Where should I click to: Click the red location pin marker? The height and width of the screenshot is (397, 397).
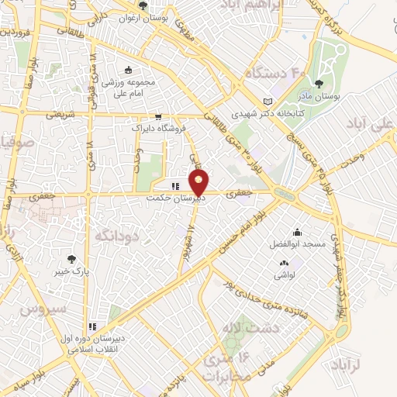click(199, 184)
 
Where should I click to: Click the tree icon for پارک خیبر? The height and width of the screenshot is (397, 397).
click(72, 260)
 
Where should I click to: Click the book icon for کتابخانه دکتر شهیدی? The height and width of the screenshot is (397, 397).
click(268, 102)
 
